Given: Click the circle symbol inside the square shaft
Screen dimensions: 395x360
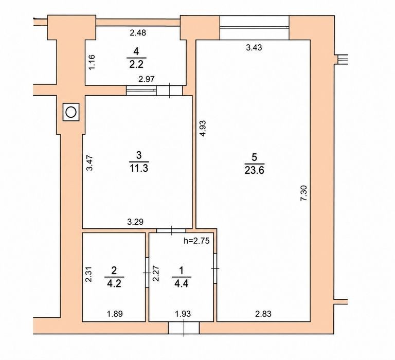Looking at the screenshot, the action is tap(71, 112).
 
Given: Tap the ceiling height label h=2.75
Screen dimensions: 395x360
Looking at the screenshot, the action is tap(196, 241).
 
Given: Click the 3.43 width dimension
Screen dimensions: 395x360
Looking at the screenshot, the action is tap(254, 47).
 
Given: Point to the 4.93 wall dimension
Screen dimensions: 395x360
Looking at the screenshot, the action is tap(203, 129).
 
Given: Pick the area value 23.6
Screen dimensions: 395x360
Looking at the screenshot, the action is tap(254, 171).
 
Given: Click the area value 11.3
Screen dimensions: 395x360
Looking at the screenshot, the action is tap(139, 168).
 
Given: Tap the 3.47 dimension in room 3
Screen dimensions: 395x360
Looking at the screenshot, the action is tap(89, 163).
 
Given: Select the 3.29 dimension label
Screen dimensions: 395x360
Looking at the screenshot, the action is tap(135, 222).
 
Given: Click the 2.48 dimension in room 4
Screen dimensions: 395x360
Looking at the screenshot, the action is tap(138, 33).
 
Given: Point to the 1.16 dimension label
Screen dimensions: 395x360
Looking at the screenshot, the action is tap(92, 62).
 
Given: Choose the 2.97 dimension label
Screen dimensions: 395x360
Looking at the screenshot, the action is tap(147, 79).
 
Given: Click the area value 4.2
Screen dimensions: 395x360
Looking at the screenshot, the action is tap(114, 284).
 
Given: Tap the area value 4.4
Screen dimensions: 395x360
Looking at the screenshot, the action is tap(182, 284).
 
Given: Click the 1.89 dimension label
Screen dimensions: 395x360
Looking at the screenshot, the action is tap(115, 314).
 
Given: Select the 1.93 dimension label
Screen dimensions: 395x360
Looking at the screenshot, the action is tap(183, 314).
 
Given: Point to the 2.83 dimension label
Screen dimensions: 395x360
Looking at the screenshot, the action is tap(263, 314).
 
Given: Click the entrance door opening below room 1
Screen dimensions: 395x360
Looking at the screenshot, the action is tap(184, 328).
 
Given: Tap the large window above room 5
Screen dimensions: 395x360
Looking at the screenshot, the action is tap(254, 27).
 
